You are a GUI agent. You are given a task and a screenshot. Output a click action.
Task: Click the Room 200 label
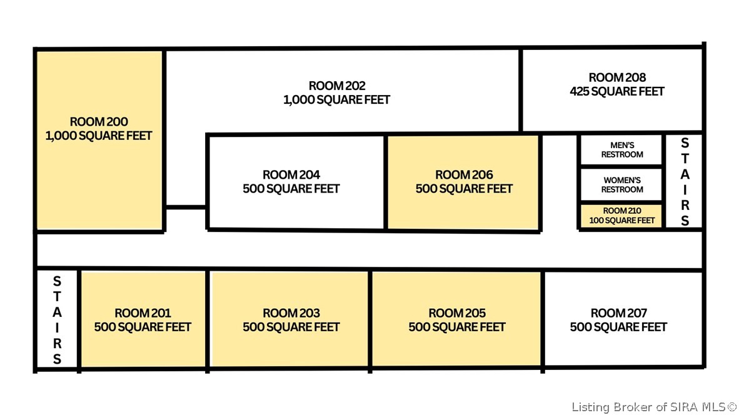pyautogui.click(x=99, y=121)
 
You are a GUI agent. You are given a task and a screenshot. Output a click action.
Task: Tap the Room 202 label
pyautogui.click(x=337, y=86)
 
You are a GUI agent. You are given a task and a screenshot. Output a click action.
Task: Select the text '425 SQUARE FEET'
pyautogui.click(x=617, y=91)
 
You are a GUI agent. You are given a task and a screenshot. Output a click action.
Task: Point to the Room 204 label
pyautogui.click(x=291, y=175)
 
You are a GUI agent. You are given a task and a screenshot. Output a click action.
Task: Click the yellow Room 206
pyautogui.click(x=463, y=182)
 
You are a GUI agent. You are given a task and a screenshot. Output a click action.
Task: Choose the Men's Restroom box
pyautogui.click(x=621, y=150)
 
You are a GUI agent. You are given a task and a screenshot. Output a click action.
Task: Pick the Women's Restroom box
pyautogui.click(x=621, y=184)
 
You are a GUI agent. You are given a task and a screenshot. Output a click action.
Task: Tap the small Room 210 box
pyautogui.click(x=621, y=216)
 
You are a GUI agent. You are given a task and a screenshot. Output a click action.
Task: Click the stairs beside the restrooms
pyautogui.click(x=685, y=181)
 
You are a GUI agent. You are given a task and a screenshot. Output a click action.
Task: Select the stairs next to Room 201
pyautogui.click(x=57, y=319)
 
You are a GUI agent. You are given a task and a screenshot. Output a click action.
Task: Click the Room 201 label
pyautogui.click(x=143, y=313)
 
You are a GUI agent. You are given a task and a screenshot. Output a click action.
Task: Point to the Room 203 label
pyautogui.click(x=291, y=313)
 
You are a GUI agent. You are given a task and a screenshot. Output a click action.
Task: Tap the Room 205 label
pyautogui.click(x=457, y=313)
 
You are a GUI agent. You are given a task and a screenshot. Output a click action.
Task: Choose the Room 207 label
pyautogui.click(x=619, y=313)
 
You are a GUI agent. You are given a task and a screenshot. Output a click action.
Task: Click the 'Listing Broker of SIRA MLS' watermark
pyautogui.click(x=654, y=407)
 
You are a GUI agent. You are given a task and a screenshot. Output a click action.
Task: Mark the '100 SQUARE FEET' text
pyautogui.click(x=622, y=221)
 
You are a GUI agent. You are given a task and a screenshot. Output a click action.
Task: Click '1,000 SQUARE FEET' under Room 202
pyautogui.click(x=337, y=100)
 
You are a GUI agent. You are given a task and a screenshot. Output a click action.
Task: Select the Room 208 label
pyautogui.click(x=618, y=77)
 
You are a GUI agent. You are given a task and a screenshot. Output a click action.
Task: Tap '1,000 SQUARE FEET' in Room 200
pyautogui.click(x=99, y=136)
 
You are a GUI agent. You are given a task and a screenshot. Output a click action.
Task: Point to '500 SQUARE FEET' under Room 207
pyautogui.click(x=619, y=327)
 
